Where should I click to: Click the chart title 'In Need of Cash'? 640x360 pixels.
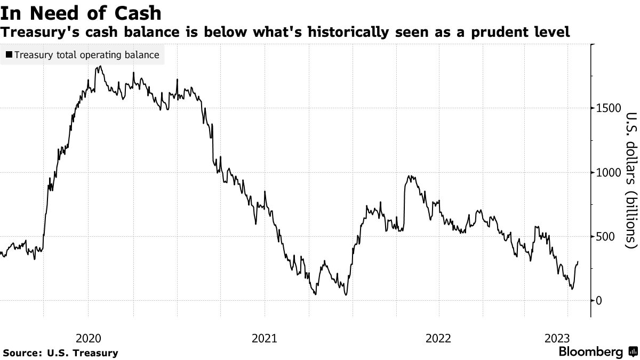click(x=81, y=12)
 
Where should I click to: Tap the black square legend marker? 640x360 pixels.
click(x=9, y=55)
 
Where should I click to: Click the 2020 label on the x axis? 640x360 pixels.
click(x=88, y=338)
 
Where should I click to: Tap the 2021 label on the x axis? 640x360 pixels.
click(x=263, y=338)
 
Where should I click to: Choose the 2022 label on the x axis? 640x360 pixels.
click(x=439, y=338)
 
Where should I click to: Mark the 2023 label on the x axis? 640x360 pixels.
click(x=557, y=338)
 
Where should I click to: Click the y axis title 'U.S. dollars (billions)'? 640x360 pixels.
click(x=631, y=180)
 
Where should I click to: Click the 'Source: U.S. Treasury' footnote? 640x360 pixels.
click(x=60, y=353)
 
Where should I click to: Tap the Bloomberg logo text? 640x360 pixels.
click(x=590, y=352)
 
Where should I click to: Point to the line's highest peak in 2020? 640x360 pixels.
click(x=100, y=67)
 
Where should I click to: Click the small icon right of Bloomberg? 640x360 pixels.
click(x=633, y=352)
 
